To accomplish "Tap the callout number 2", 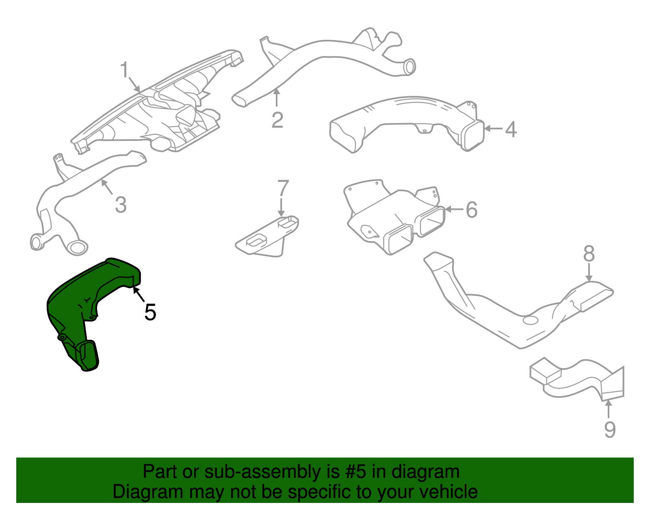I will tap(277, 120).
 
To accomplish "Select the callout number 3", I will tap(120, 205).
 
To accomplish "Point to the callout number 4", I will tap(511, 129).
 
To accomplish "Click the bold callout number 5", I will tap(150, 312).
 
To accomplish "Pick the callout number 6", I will tap(471, 210).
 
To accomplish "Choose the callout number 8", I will tap(589, 254).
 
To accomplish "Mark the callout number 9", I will tap(610, 429).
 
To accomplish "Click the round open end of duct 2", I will tap(410, 67).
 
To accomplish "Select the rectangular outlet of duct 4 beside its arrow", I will tap(473, 135).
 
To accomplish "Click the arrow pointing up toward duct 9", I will tap(609, 408).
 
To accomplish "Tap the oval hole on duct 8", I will tap(530, 320).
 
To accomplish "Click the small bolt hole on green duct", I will tap(62, 337).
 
